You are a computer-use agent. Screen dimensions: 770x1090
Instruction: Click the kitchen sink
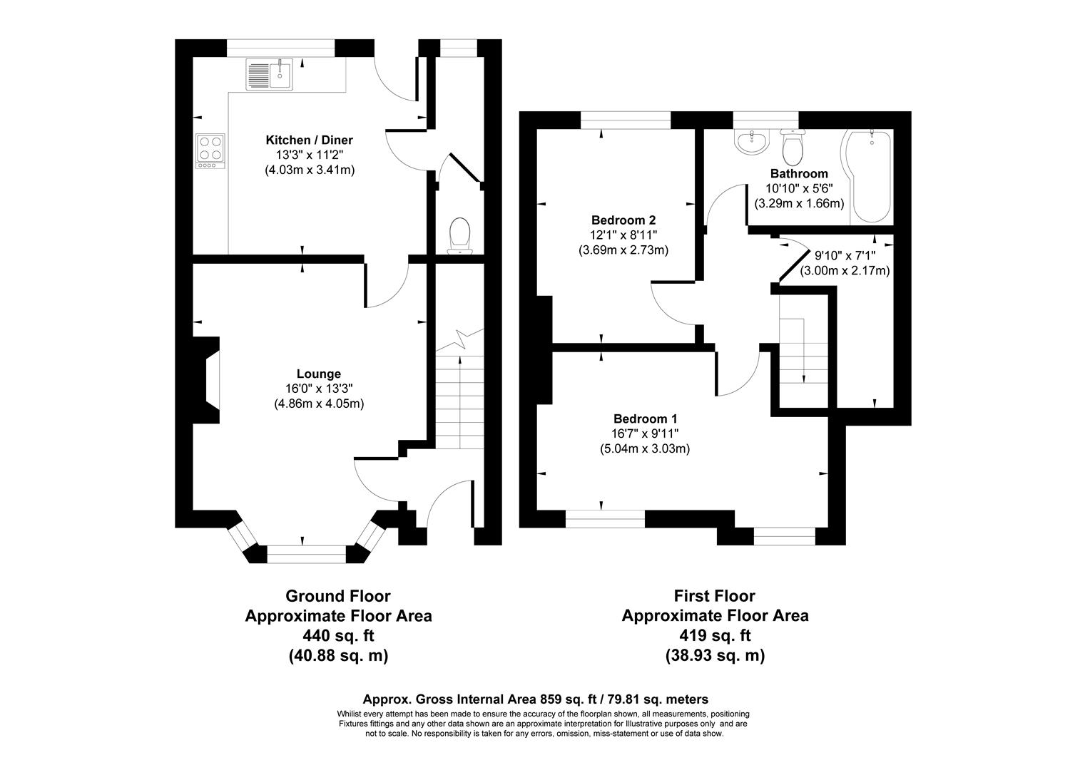coord(270,74)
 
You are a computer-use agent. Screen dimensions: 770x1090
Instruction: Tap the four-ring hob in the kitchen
coord(210,152)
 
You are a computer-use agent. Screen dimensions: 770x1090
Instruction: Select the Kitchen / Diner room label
coord(309,140)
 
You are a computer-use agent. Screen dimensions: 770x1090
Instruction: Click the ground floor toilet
coord(459,235)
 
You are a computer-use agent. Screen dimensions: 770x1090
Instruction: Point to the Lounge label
coord(319,374)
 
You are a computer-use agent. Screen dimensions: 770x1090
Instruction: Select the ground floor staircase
coord(459,399)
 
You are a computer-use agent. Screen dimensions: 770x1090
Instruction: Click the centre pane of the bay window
coord(307,554)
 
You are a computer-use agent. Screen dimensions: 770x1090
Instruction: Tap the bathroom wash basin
coord(752,141)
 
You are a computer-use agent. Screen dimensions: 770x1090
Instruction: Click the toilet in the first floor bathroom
coord(792,146)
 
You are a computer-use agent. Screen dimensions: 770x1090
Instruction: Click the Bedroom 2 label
coord(623,220)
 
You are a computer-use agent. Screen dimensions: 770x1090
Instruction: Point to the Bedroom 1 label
coord(645,419)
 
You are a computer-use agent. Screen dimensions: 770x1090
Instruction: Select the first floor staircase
coord(804,349)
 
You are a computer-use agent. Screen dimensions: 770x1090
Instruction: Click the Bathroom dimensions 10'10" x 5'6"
coord(799,188)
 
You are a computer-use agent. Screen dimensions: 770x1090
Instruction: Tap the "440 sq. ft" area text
coord(338,635)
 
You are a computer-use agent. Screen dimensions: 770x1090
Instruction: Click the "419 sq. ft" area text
coord(715,635)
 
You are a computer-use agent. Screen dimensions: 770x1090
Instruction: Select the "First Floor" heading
coord(714,595)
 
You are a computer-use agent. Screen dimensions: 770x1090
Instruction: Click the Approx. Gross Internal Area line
coord(535,699)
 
